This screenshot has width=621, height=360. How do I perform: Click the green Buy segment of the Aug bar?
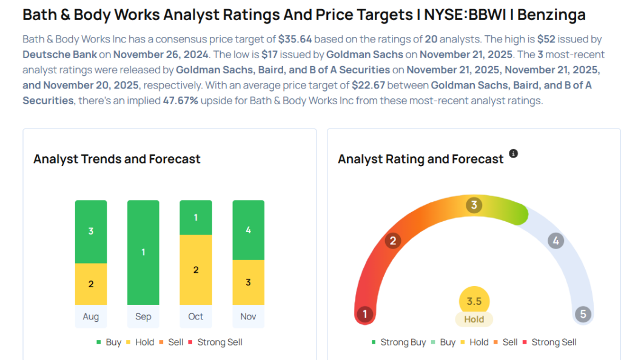(91, 232)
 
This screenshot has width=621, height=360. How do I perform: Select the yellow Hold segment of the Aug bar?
(91, 284)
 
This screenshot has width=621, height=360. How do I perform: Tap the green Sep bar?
(143, 252)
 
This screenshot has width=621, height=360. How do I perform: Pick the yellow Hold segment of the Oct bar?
(196, 270)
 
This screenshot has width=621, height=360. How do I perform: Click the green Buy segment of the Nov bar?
(249, 230)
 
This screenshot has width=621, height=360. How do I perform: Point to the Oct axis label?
(196, 316)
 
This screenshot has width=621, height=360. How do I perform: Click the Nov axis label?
(249, 316)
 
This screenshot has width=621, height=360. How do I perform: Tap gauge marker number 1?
(364, 314)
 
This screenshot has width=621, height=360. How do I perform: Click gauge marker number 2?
(393, 241)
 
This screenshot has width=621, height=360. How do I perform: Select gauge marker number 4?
(555, 241)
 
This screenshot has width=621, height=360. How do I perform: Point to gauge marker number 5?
(583, 314)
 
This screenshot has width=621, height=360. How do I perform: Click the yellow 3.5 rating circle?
(474, 301)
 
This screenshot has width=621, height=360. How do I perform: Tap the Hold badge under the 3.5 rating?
(474, 319)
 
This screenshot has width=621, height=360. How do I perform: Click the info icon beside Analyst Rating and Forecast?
(513, 153)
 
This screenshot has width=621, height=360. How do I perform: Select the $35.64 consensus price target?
(295, 39)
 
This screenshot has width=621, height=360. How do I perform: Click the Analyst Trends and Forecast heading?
(117, 159)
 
